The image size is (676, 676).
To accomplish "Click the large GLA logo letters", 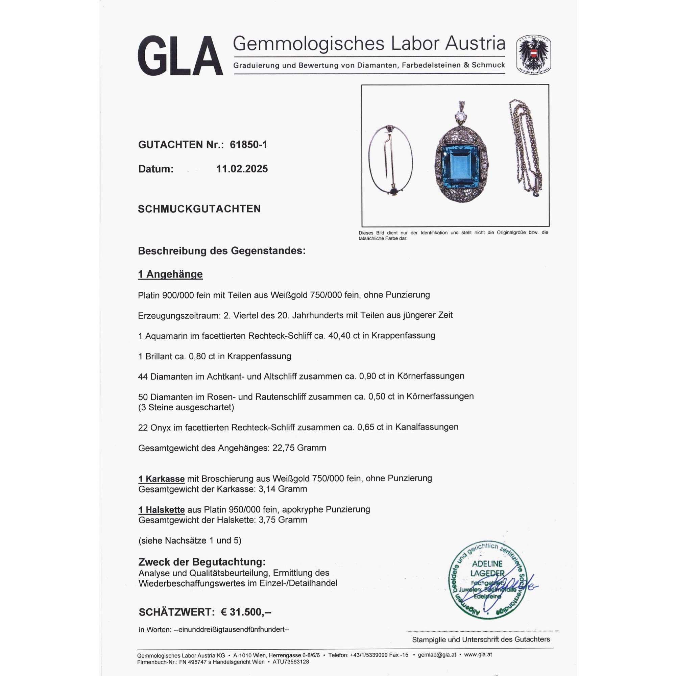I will [x=180, y=56].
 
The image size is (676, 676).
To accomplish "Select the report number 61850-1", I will [x=248, y=145].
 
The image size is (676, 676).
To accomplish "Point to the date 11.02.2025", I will [x=242, y=169].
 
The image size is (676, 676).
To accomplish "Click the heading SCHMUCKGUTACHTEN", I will [x=199, y=209].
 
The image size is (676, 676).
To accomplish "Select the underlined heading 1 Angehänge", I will [x=170, y=274].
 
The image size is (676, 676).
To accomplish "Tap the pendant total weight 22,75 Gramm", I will [x=299, y=448].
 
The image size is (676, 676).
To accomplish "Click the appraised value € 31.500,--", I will [x=246, y=612].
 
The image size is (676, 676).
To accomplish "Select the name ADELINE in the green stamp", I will [x=487, y=564].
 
